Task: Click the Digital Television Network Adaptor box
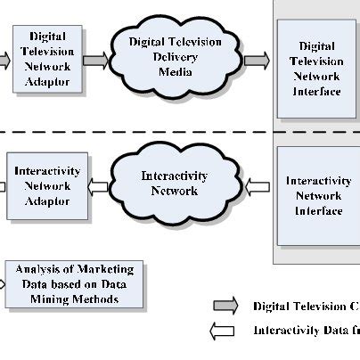point(47,60)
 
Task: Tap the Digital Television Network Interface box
point(318,68)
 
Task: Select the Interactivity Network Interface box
point(318,196)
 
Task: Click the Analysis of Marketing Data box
point(74,284)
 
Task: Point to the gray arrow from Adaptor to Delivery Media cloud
point(95,61)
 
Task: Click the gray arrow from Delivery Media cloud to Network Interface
point(256,61)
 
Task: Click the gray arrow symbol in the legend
point(224,306)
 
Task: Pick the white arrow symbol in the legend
point(224,331)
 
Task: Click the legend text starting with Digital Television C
point(306,307)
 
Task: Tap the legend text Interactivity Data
point(306,331)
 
